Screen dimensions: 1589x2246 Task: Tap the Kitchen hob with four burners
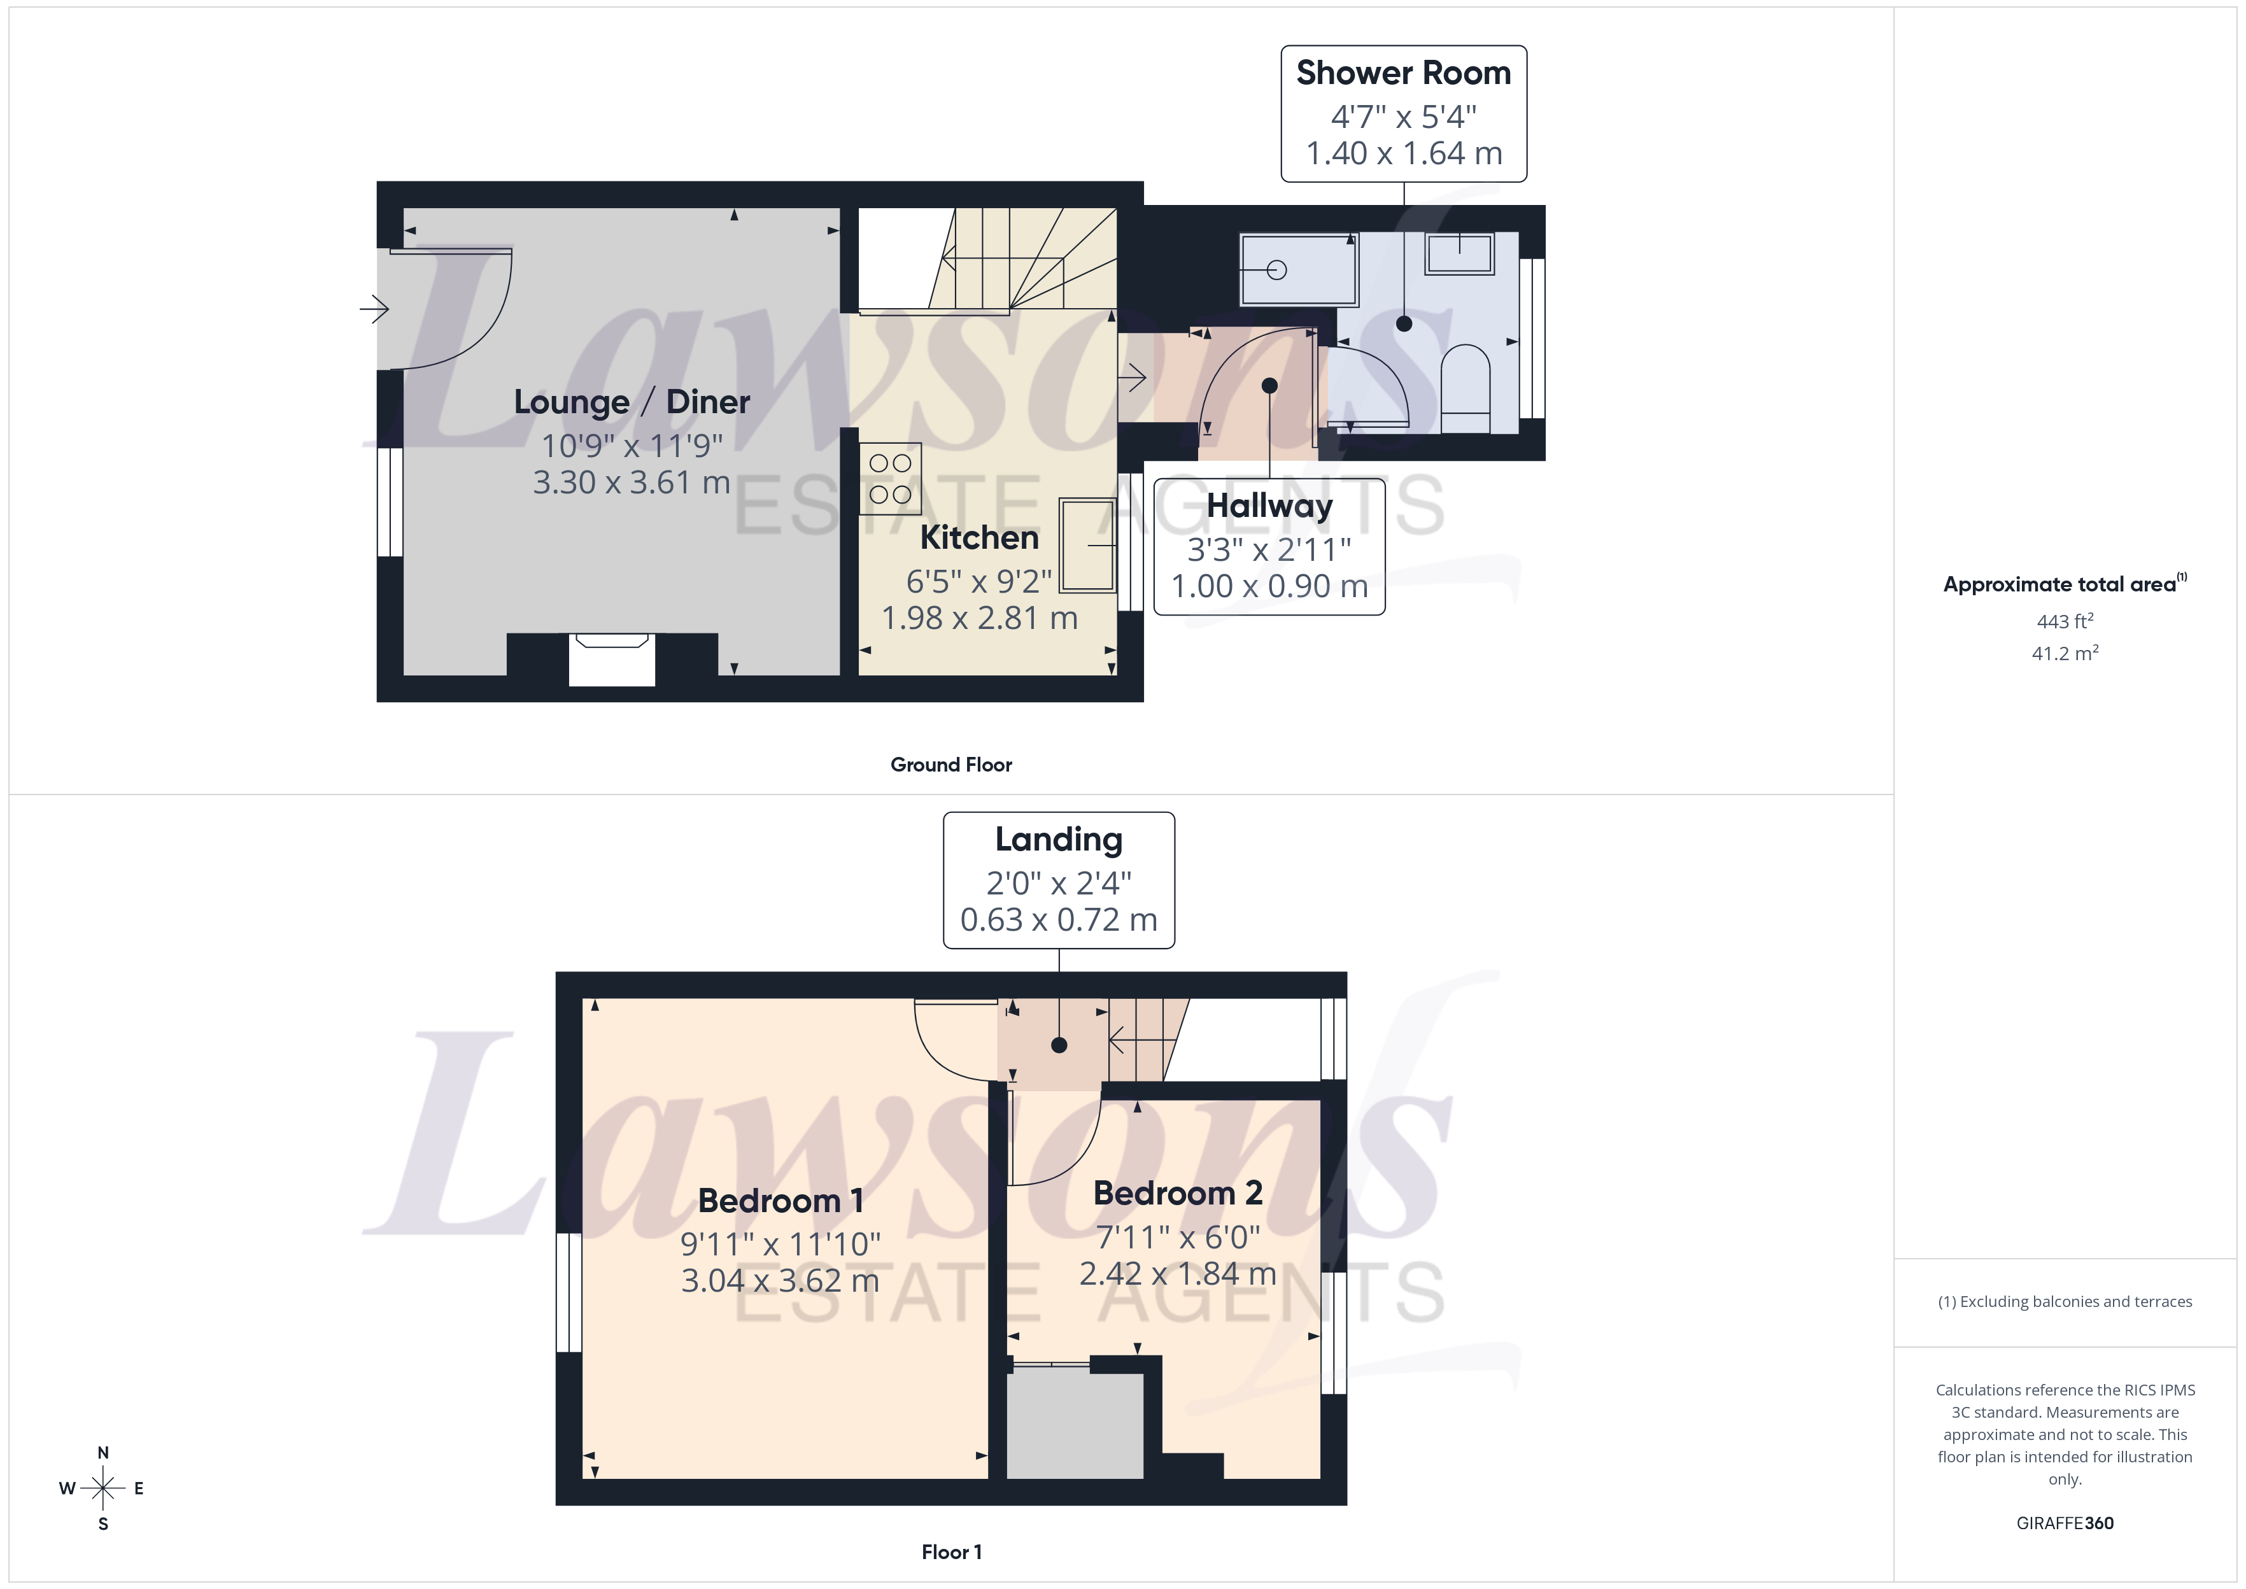(889, 479)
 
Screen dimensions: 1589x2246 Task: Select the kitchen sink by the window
(1087, 545)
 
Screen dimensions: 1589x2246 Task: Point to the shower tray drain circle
(1276, 270)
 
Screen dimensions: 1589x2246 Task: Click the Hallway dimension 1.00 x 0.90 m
(1269, 586)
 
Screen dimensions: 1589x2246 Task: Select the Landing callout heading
(1059, 840)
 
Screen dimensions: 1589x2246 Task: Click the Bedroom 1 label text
(780, 1201)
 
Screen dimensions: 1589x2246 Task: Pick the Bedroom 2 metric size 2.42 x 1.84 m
(1177, 1274)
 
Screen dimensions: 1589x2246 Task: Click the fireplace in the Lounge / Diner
(611, 658)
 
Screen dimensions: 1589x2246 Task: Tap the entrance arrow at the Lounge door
(375, 309)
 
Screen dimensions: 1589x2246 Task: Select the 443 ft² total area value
(2064, 621)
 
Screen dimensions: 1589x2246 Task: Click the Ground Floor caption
(951, 765)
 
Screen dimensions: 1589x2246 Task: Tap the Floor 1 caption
(951, 1552)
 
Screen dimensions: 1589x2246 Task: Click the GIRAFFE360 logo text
(2064, 1523)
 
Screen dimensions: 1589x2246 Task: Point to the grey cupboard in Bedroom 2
(1074, 1425)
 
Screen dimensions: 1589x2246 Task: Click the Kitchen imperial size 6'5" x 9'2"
(978, 582)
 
